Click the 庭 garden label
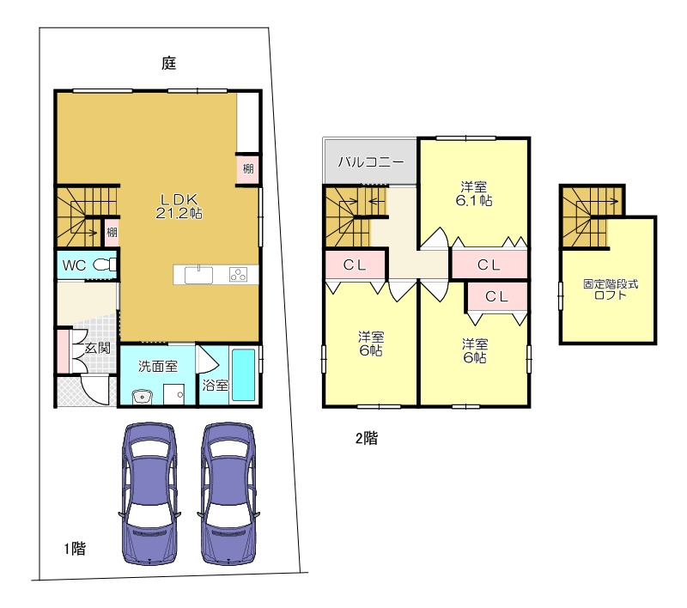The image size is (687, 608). (168, 64)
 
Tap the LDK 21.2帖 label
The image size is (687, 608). (179, 206)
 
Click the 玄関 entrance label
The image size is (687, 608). (98, 349)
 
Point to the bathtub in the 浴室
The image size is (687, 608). (243, 374)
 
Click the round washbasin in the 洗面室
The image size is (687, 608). (142, 397)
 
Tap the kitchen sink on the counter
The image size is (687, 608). (198, 275)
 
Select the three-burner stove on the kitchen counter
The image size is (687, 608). (238, 275)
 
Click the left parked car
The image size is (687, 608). (149, 494)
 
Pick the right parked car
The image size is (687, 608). (228, 494)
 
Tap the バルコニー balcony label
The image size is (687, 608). (371, 162)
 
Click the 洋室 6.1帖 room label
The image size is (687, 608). (474, 193)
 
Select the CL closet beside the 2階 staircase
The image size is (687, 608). (355, 264)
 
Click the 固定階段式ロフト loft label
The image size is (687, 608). (611, 289)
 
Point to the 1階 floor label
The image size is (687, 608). (75, 549)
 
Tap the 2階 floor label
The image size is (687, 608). (367, 438)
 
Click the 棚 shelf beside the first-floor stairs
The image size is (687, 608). (112, 232)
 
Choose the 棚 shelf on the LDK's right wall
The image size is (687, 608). (248, 168)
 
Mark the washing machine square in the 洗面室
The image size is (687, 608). (174, 395)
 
